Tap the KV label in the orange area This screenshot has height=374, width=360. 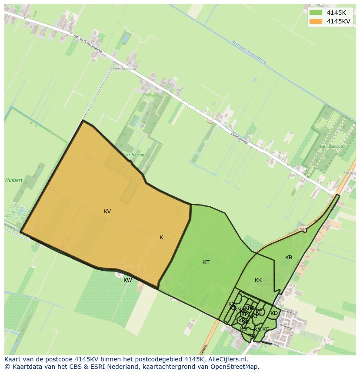click(107, 212)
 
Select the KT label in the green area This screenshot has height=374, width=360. click(207, 262)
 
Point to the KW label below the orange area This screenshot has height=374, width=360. click(127, 280)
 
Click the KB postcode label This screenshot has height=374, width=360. click(289, 258)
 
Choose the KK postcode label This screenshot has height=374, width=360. click(258, 280)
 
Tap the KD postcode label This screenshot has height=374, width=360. click(274, 313)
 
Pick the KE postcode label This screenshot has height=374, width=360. click(259, 312)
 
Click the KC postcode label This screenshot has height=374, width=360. click(266, 329)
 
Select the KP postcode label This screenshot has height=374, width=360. click(244, 314)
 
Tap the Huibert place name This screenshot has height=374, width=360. click(13, 180)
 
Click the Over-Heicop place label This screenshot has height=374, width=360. click(133, 155)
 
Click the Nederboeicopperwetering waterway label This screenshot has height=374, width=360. click(248, 52)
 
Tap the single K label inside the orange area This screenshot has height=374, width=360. click(161, 238)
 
